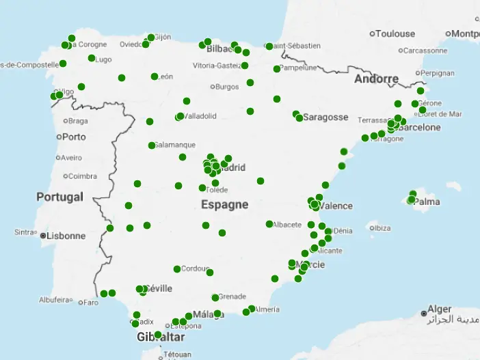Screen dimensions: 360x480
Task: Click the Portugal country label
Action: coord(59,197)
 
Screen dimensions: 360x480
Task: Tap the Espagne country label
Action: coord(224,204)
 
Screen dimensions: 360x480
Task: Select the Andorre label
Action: coord(376,79)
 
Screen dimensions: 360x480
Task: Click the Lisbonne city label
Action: coord(66,236)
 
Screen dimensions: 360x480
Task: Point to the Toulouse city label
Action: coord(395,33)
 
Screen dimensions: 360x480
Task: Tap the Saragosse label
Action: coord(325,117)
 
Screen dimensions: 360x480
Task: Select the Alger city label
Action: coord(439,309)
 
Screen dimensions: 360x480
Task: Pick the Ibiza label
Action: coord(383,227)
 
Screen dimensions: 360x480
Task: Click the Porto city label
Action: coord(74,136)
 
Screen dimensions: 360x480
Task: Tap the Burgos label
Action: coord(226,87)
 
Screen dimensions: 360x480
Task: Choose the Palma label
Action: coord(427,202)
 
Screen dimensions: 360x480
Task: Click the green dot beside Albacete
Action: coord(269,224)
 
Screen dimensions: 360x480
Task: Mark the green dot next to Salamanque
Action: coord(152,146)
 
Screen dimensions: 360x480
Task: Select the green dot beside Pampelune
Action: coord(277,69)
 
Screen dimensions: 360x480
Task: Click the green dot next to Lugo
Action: coord(92,58)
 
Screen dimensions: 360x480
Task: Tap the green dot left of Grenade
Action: coord(215,297)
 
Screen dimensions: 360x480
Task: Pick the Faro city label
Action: coord(92,302)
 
